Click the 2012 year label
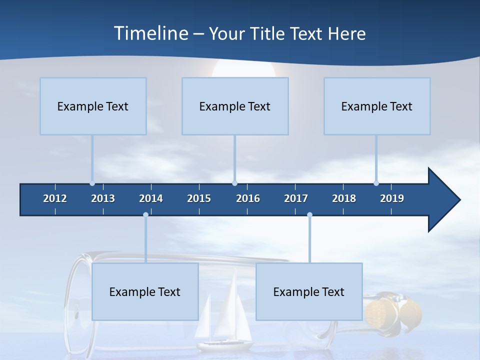point(55,198)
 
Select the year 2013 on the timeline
point(103,198)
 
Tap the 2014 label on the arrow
point(151,198)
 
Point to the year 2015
point(199,198)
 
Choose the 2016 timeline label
point(248,198)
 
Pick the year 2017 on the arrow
point(296,198)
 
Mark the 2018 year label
point(344,198)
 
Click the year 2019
point(392,198)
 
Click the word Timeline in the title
point(150,33)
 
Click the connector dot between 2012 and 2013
point(92,183)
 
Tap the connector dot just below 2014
point(145,214)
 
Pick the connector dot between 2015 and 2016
point(234,183)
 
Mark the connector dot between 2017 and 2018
point(309,214)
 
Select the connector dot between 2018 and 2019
point(376,183)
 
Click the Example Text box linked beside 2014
point(145,291)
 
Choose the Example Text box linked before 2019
point(376,106)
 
